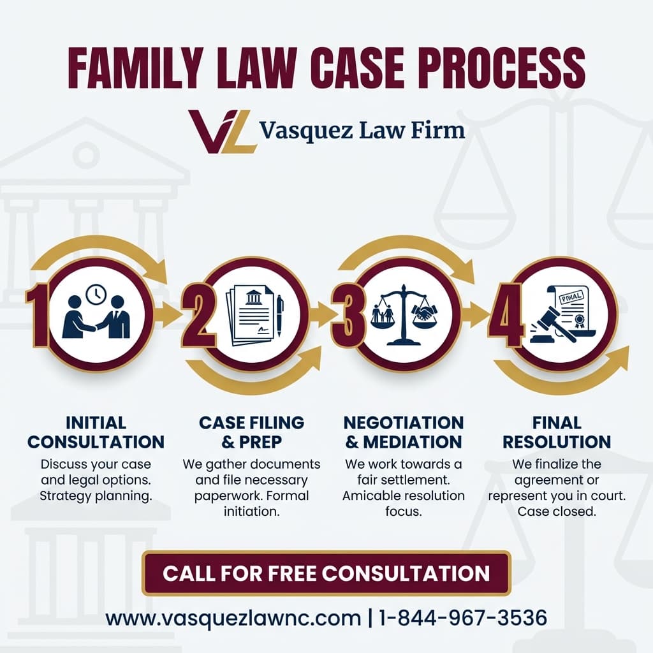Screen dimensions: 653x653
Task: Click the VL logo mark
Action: coord(221,131)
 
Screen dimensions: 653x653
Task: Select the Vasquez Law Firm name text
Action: coord(362,130)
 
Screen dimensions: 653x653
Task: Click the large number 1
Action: coord(38,315)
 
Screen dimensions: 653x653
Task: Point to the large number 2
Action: coord(198,315)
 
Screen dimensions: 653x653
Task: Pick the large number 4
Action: coord(506,315)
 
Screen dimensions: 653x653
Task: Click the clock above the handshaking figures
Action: coord(96,294)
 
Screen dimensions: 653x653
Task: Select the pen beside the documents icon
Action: coord(279,316)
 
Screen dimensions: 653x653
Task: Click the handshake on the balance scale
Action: coord(423,312)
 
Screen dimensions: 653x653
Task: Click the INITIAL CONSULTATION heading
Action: coord(96,432)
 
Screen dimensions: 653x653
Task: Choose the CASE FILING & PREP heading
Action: coord(251,432)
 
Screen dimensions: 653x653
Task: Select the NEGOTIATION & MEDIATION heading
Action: coord(404,432)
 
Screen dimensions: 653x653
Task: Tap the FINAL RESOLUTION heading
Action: coord(557,432)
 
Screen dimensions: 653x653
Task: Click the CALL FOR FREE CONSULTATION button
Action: coord(326,573)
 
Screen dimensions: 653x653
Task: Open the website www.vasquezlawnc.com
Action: coord(233,617)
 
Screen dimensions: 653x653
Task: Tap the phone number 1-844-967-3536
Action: coord(463,617)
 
